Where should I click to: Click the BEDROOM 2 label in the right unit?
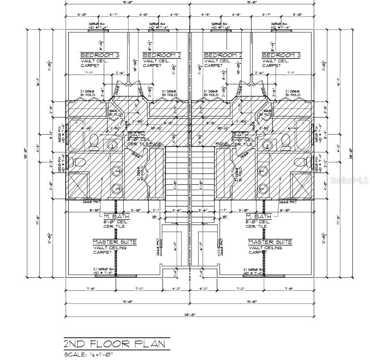click(x=223, y=55)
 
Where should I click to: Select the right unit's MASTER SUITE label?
click(x=270, y=242)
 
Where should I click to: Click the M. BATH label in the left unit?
click(x=117, y=216)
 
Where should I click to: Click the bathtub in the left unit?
click(x=77, y=134)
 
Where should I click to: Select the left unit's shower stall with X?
click(x=79, y=185)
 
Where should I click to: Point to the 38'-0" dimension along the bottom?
click(x=190, y=314)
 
